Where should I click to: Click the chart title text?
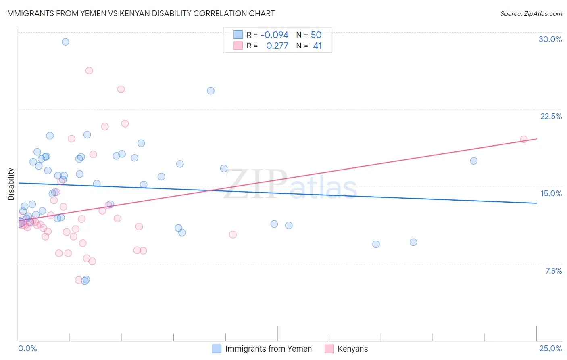[x=140, y=13]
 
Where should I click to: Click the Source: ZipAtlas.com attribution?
[x=531, y=14]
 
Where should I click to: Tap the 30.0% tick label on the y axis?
[x=550, y=39]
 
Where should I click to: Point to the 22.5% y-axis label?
[x=551, y=116]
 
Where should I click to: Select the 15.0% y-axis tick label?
[x=551, y=193]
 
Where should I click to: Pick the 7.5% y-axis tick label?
[x=553, y=271]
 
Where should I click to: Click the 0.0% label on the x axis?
[x=27, y=348]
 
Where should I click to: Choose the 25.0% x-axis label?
[x=550, y=348]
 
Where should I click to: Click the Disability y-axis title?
[x=11, y=184]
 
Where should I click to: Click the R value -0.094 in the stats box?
[x=274, y=35]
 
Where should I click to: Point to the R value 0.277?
[x=277, y=46]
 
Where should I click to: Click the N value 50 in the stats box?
[x=316, y=35]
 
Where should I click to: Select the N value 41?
[x=317, y=46]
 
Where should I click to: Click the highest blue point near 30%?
[x=65, y=42]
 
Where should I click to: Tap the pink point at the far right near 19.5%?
[x=523, y=139]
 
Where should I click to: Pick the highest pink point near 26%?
[x=89, y=71]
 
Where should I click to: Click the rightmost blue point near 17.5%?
[x=474, y=161]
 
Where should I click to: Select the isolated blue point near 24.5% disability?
[x=211, y=91]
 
